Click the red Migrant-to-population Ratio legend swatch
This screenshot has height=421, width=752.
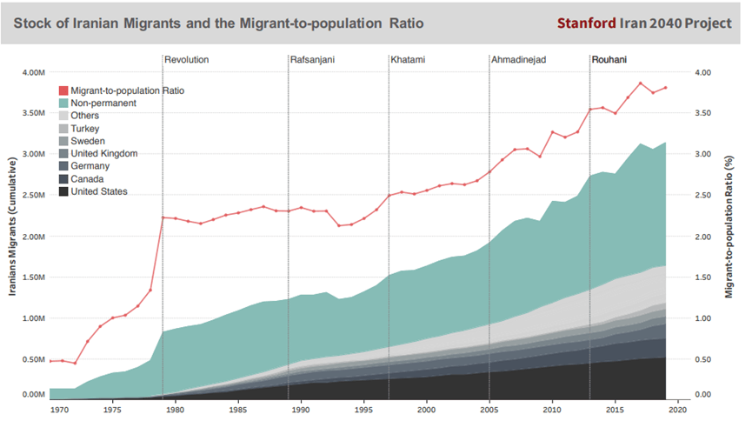(x=63, y=90)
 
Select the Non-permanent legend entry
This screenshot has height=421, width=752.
(x=103, y=103)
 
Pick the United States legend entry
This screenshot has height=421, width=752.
(x=99, y=191)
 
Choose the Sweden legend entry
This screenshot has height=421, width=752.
(x=88, y=141)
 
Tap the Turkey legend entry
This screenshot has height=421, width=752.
(x=85, y=128)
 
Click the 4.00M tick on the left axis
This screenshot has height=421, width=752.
(x=33, y=72)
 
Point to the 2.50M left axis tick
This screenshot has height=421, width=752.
(x=33, y=195)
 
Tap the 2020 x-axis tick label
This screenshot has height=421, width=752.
(x=678, y=408)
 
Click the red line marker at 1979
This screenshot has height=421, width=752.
(x=163, y=217)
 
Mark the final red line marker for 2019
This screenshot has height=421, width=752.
(x=666, y=88)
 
